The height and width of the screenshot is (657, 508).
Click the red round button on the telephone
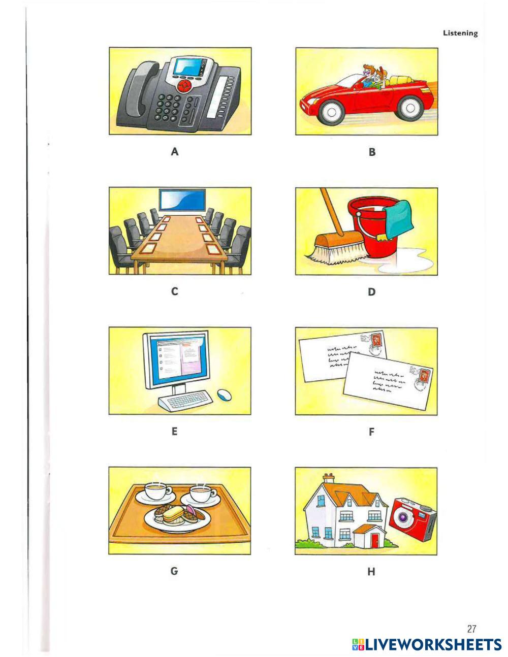click(184, 86)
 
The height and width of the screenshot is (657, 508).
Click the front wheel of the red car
click(331, 111)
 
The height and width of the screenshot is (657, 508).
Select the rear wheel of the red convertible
click(410, 108)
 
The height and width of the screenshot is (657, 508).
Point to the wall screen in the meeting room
click(182, 200)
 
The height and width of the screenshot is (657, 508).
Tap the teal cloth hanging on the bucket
click(398, 219)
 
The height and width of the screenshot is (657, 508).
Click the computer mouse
click(224, 395)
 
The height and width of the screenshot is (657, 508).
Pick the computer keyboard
click(185, 400)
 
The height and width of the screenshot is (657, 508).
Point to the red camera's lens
click(403, 517)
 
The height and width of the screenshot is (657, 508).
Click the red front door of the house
click(375, 541)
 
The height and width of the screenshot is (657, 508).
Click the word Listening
click(460, 33)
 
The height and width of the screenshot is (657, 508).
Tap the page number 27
click(471, 629)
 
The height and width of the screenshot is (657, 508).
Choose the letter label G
click(174, 571)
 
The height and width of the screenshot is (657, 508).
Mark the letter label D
click(372, 292)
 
